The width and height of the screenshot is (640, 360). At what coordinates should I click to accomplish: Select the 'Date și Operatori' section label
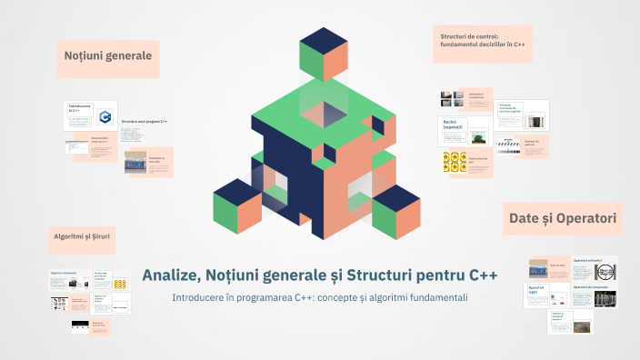pos(563,218)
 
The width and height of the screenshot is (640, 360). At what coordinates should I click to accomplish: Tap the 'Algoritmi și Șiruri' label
pos(84,238)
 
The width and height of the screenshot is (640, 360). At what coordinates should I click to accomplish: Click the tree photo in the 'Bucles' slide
pos(476,137)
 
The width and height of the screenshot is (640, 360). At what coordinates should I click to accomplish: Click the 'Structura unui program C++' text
pos(144,121)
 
